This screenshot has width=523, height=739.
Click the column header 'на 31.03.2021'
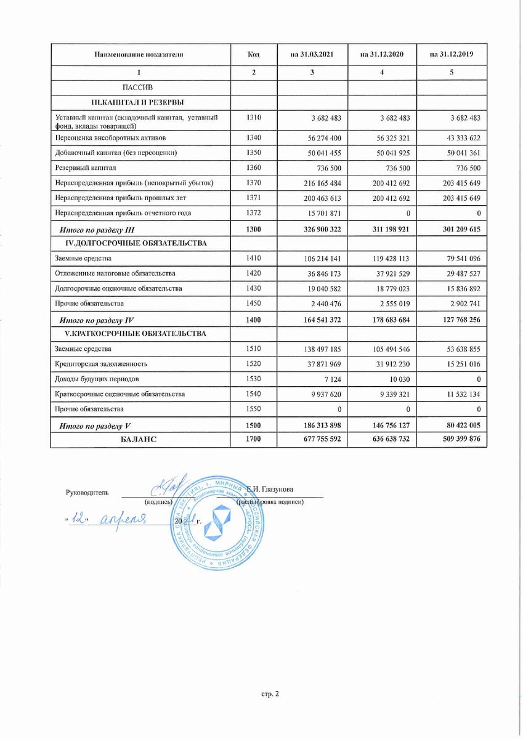click(x=312, y=55)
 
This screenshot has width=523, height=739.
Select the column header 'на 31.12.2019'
click(x=452, y=55)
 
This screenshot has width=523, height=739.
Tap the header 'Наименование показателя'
click(x=139, y=55)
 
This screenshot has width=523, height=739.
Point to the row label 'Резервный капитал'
click(x=86, y=167)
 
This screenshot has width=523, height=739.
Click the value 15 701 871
click(x=315, y=212)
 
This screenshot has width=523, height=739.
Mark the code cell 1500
click(x=253, y=426)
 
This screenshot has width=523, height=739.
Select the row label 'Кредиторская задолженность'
click(x=100, y=364)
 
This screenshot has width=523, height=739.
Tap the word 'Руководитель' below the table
click(x=87, y=492)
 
